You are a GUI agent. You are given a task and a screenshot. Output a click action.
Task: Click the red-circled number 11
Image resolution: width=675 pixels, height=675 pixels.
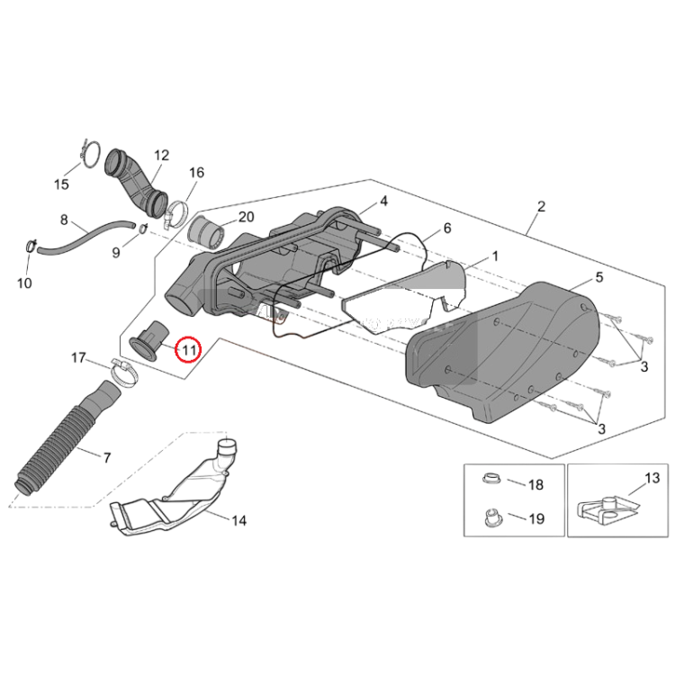pos(189,349)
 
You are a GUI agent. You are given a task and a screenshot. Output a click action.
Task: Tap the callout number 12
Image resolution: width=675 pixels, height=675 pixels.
pos(161,155)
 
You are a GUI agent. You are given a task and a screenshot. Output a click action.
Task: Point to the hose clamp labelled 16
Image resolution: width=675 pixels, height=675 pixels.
pos(177,214)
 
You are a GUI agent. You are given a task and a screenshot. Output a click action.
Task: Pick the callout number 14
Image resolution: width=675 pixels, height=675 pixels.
pos(238,521)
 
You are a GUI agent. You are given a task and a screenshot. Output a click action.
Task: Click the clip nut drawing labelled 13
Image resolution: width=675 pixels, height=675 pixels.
pos(606,511)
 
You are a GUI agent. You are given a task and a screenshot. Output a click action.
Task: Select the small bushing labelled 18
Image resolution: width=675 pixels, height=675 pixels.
pos(491,478)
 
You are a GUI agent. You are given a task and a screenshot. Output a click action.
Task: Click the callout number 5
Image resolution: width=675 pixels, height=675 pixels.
pos(599,278)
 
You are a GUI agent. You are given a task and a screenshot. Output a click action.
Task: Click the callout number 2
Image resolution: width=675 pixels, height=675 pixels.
pos(541,207)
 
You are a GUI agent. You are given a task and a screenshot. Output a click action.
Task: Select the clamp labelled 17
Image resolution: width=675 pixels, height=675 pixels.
pos(125,373)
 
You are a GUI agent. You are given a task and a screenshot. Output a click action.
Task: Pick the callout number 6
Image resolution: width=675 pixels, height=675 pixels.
pos(447,229)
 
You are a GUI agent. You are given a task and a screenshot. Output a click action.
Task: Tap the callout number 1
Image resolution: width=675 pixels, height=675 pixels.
pos(495,256)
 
